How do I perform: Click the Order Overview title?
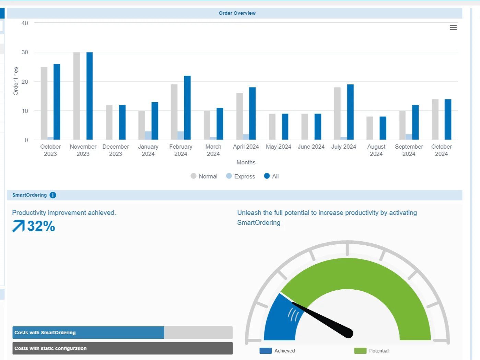pos(237,13)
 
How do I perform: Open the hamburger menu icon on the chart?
pos(453,27)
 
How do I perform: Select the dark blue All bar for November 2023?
pos(90,96)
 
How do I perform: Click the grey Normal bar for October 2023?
pos(44,103)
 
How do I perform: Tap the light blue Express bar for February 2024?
pos(180,135)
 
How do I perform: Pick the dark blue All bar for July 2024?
pos(350,112)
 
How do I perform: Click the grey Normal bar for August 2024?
pos(370,128)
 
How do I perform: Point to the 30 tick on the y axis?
pos(25,53)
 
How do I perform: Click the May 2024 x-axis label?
pos(278,147)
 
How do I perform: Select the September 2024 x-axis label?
pos(409,150)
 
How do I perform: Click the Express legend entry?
pos(241,176)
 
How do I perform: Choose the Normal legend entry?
pos(204,176)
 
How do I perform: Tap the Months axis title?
pos(246,162)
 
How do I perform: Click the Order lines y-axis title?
pos(15,81)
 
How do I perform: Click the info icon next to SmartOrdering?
pos(53,195)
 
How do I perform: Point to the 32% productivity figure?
pos(41,226)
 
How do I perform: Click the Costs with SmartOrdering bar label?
pos(45,333)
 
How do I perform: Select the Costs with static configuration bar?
pos(122,348)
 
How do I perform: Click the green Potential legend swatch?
pos(360,351)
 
